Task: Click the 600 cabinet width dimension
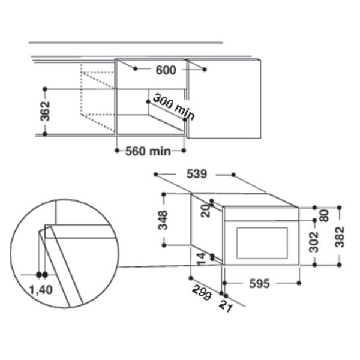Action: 166,70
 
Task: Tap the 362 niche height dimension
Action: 45,112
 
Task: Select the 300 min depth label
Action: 174,107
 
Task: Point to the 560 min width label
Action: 148,151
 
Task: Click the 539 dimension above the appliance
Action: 197,174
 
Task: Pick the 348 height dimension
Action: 163,220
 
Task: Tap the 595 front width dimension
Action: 259,284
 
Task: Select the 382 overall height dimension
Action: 340,237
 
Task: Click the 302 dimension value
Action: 314,242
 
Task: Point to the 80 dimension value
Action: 324,215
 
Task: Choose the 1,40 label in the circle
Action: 41,290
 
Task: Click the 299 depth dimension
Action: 202,292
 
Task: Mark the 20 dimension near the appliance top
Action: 206,211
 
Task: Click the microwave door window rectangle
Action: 262,243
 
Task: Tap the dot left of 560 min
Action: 118,151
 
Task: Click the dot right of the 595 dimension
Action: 299,283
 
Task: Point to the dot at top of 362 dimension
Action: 45,89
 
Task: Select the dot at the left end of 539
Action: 156,175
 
